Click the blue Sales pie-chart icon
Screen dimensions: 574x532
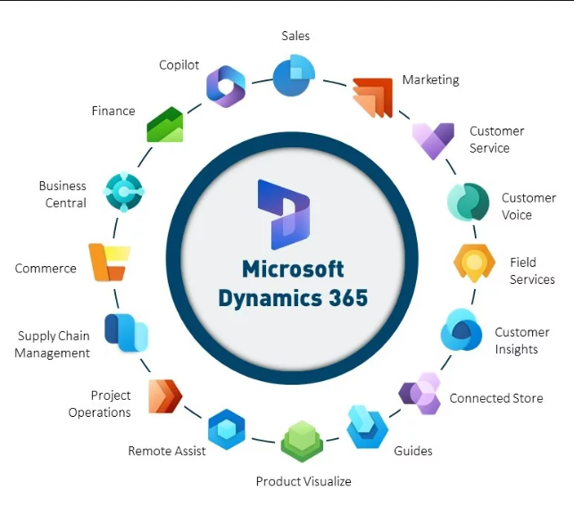click(294, 75)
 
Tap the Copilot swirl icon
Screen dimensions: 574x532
click(226, 87)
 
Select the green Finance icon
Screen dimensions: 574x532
click(165, 124)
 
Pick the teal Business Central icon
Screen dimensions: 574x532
click(124, 192)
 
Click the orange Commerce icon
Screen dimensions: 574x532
click(109, 262)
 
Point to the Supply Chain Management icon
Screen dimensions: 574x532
click(126, 333)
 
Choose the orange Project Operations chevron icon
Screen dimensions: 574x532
click(165, 396)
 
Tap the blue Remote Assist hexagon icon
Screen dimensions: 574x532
click(227, 429)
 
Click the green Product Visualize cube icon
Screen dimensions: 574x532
click(302, 441)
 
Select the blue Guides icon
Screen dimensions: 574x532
click(367, 427)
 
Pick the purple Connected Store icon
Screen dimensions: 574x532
click(420, 394)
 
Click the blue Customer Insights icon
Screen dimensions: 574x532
click(461, 329)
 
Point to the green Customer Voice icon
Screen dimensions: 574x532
click(468, 202)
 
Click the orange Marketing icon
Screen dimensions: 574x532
click(372, 98)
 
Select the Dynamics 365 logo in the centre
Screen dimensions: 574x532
click(284, 214)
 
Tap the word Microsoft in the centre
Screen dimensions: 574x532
click(293, 269)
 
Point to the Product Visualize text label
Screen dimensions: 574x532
click(304, 481)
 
